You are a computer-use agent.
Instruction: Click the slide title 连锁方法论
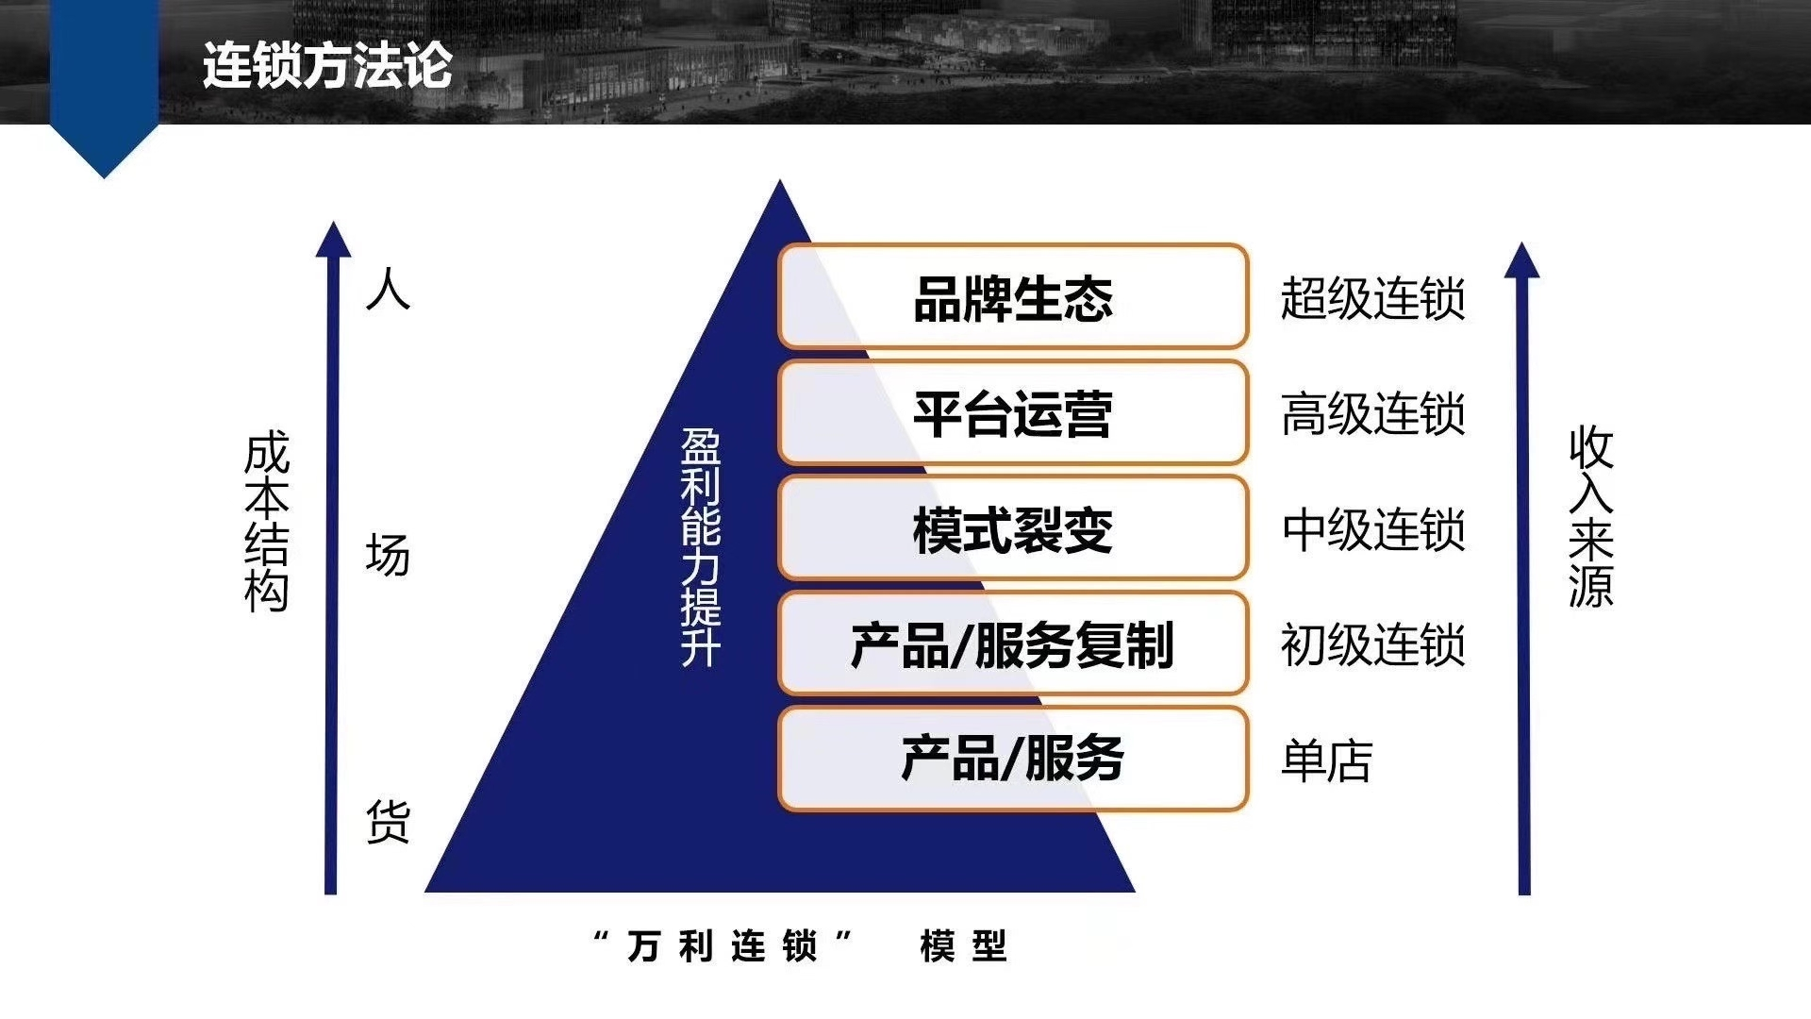click(x=327, y=65)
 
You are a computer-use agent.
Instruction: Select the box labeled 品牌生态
click(x=1013, y=296)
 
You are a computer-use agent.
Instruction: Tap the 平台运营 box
click(x=1013, y=412)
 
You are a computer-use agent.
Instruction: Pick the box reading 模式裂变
click(x=1013, y=528)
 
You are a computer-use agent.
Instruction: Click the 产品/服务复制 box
click(x=1013, y=644)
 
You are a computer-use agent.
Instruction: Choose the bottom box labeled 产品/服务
click(x=1013, y=760)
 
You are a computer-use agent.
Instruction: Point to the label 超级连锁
click(x=1372, y=298)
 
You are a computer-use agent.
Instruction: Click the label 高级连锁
click(x=1372, y=414)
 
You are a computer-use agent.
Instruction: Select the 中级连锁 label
click(x=1372, y=529)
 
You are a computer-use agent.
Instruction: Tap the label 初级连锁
click(x=1372, y=645)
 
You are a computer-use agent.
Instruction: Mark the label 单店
click(x=1326, y=760)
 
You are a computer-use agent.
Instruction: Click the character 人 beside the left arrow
click(x=388, y=289)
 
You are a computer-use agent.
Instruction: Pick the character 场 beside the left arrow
click(x=388, y=555)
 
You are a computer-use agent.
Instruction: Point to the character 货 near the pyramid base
click(x=388, y=821)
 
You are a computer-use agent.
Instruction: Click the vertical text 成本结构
click(x=266, y=523)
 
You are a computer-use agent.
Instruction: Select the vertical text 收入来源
click(x=1591, y=517)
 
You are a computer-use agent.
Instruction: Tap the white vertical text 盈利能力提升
click(x=701, y=548)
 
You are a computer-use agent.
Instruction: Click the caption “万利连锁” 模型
click(x=801, y=945)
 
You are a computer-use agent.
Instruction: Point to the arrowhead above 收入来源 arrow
click(x=1521, y=259)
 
